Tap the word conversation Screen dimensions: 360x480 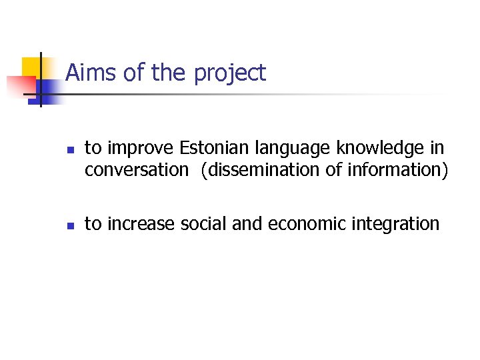(x=137, y=170)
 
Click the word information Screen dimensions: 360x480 (x=395, y=170)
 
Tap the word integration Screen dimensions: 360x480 (x=399, y=225)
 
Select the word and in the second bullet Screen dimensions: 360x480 (x=249, y=224)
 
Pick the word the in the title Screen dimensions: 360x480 (x=169, y=73)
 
